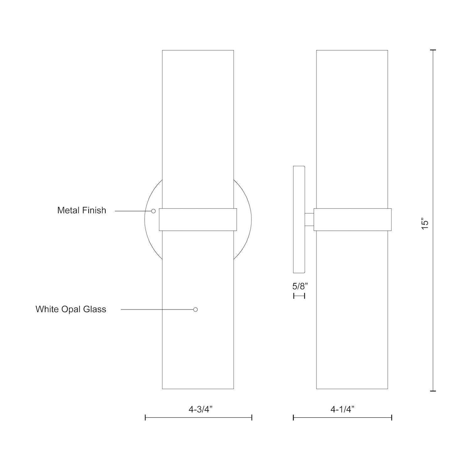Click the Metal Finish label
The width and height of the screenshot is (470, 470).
click(82, 210)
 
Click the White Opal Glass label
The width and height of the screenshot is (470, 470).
click(71, 309)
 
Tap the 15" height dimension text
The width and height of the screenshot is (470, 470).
click(425, 225)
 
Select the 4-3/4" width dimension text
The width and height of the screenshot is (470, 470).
click(201, 409)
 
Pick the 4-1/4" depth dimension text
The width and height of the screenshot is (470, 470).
click(342, 409)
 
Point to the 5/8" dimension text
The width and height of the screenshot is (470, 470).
click(300, 286)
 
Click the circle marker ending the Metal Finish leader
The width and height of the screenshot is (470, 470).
click(154, 211)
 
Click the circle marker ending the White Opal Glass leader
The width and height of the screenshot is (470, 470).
click(196, 310)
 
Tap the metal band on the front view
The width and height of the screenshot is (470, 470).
click(198, 220)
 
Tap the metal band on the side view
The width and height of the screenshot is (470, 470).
click(352, 220)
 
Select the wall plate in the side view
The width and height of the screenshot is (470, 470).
click(299, 219)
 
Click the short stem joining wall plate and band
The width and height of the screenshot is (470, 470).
click(310, 219)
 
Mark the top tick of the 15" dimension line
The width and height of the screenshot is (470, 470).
click(433, 50)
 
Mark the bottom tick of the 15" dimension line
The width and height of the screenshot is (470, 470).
click(433, 391)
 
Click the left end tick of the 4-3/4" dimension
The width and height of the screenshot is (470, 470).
click(145, 417)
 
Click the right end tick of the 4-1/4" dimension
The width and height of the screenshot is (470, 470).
click(392, 417)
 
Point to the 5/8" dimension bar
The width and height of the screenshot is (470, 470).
click(299, 295)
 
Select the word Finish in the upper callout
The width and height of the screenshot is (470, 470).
click(95, 210)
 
